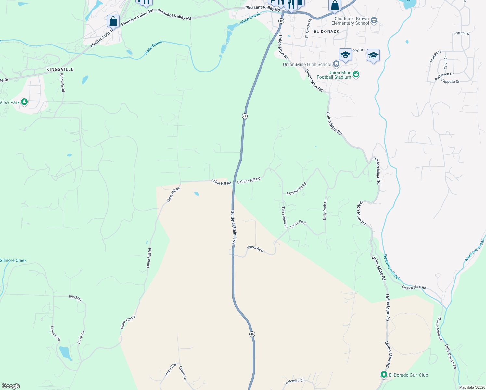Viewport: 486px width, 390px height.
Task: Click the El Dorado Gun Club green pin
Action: (x=384, y=375)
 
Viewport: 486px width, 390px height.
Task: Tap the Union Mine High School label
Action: (x=307, y=64)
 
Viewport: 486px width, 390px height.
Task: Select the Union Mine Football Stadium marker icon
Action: (x=356, y=74)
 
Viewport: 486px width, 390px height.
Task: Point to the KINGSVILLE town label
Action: (x=60, y=69)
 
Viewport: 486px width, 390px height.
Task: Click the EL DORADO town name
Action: (x=327, y=32)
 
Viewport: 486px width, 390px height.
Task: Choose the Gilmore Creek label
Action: (x=13, y=260)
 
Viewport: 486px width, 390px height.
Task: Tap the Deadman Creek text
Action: (x=391, y=267)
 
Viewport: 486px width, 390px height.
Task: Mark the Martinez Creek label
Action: (x=475, y=250)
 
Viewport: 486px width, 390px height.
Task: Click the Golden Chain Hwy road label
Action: (x=233, y=227)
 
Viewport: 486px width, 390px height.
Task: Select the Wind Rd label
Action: (x=75, y=298)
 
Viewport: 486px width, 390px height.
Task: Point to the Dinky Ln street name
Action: (x=81, y=337)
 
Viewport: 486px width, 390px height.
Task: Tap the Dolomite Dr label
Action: (x=295, y=382)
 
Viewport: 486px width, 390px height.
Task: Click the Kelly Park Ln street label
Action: (x=325, y=210)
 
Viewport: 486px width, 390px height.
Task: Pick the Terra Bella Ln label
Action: (x=285, y=217)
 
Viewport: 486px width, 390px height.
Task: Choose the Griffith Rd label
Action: (x=461, y=33)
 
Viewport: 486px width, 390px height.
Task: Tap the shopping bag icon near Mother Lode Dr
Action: (x=113, y=21)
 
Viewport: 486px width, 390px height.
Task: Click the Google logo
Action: (x=11, y=386)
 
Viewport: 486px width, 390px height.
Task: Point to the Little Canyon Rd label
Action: (x=451, y=356)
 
